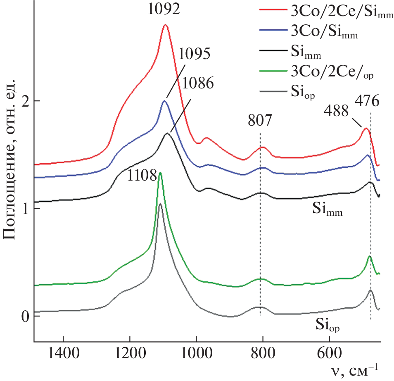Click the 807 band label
pyautogui.click(x=260, y=121)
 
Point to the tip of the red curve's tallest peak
pyautogui.click(x=165, y=25)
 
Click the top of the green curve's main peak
pyautogui.click(x=160, y=173)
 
